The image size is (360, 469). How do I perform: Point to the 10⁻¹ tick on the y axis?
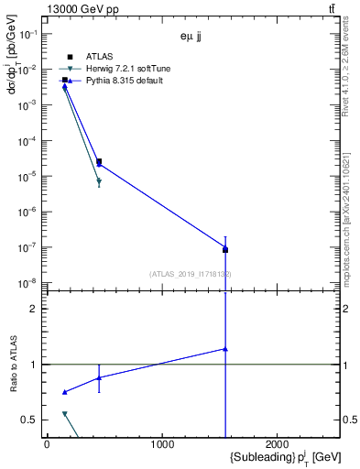coord(29,34)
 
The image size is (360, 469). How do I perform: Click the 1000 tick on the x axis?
coord(162,445)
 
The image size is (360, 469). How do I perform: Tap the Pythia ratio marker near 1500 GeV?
coord(224,349)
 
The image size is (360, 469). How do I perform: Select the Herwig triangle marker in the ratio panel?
coord(64,414)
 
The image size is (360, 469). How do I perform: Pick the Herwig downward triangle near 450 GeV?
coord(99,182)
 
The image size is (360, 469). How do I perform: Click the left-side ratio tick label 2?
coord(34,309)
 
